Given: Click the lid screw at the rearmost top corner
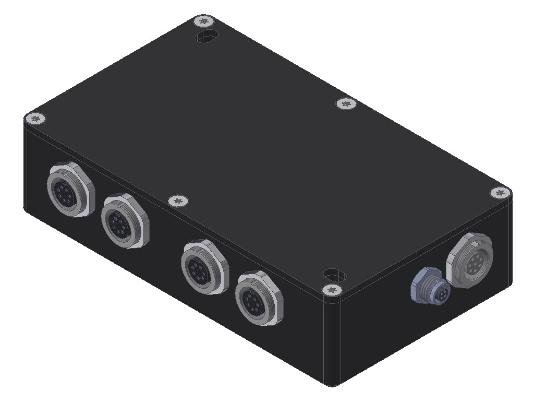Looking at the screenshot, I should [204, 21].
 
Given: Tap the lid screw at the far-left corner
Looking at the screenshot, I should [35, 119].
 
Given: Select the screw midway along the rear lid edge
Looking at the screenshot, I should [345, 104].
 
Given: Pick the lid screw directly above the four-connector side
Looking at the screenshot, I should [178, 200].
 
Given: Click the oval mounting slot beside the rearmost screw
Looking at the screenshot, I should [208, 37].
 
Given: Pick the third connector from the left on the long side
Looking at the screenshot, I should [203, 266].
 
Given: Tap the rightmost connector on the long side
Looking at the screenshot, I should [258, 298].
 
